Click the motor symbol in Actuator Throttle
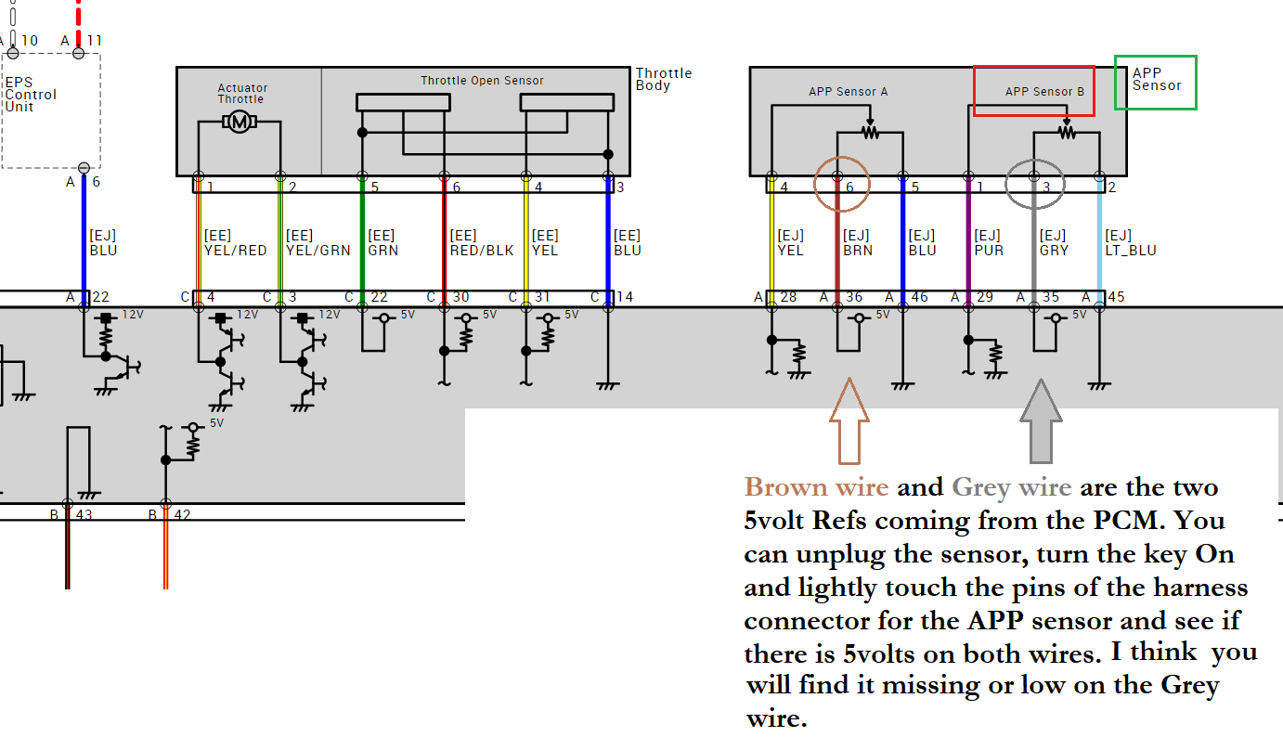point(240,122)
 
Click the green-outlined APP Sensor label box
point(1156,83)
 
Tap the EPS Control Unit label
point(31,94)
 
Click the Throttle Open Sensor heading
point(482,81)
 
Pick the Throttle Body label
point(664,79)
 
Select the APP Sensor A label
point(848,91)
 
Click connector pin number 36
point(853,298)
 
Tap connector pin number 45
point(1115,298)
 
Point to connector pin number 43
point(83,514)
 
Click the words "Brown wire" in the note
point(815,487)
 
